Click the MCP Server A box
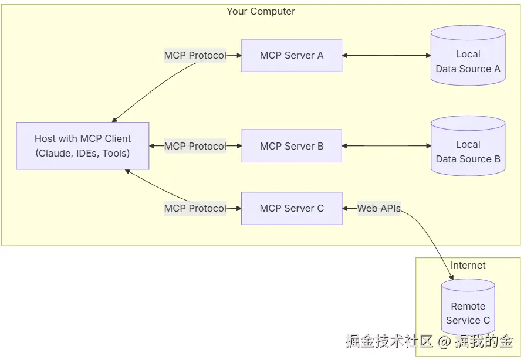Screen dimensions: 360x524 tap(292, 56)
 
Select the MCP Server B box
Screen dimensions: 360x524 tap(292, 146)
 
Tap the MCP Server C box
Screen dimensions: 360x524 tap(292, 208)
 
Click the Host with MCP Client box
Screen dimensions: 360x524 tap(83, 146)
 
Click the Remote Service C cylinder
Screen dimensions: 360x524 tap(468, 311)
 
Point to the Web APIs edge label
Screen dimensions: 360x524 tap(379, 208)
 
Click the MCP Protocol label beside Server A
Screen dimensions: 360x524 tap(195, 56)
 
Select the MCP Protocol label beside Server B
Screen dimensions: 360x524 tap(195, 146)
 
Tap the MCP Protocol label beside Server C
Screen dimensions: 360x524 tap(195, 208)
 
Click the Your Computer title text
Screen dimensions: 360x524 tap(261, 12)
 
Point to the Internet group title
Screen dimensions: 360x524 tap(468, 266)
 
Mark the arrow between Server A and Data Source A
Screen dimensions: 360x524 tap(386, 56)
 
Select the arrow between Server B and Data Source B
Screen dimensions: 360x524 tap(386, 146)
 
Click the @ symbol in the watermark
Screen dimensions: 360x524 tap(444, 341)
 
